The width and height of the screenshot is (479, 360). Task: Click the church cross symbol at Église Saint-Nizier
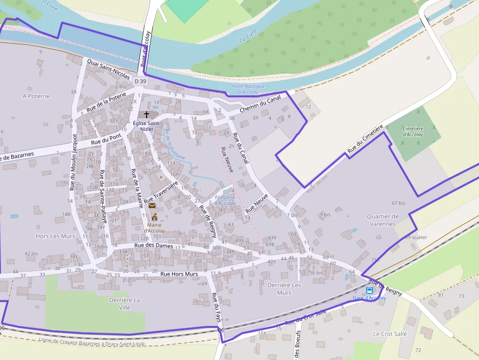pyautogui.click(x=146, y=114)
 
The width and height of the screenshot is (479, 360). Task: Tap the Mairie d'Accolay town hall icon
pyautogui.click(x=154, y=217)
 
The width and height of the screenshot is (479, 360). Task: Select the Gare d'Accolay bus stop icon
pyautogui.click(x=369, y=291)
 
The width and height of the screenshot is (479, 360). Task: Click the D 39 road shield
pyautogui.click(x=140, y=81)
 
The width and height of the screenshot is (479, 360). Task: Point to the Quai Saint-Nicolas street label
pyautogui.click(x=109, y=69)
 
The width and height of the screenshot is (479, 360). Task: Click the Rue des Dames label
pyautogui.click(x=153, y=246)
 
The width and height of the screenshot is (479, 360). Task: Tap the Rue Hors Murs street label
pyautogui.click(x=179, y=274)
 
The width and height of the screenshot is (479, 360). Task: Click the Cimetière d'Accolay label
pyautogui.click(x=413, y=131)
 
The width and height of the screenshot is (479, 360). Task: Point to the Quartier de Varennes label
pyautogui.click(x=383, y=220)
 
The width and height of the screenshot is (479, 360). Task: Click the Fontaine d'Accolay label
pyautogui.click(x=225, y=200)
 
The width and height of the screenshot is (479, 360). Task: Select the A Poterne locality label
pyautogui.click(x=36, y=96)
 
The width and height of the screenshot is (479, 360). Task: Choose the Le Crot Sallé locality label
pyautogui.click(x=390, y=334)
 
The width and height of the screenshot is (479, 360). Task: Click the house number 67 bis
pyautogui.click(x=398, y=203)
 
